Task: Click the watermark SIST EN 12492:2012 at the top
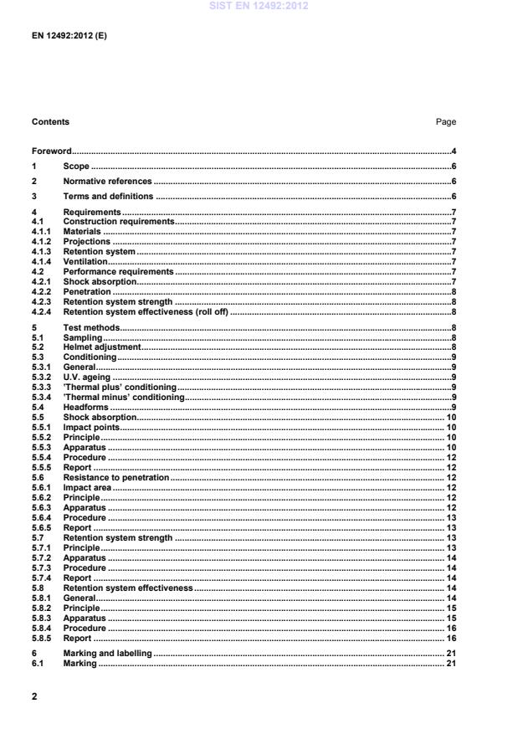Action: click(259, 6)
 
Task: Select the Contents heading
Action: click(50, 122)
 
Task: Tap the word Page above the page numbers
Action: click(446, 122)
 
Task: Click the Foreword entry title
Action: click(51, 151)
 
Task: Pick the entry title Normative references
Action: click(107, 181)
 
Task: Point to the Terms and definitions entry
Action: click(108, 197)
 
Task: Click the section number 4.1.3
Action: click(43, 251)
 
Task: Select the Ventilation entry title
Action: click(85, 261)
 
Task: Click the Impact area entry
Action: click(87, 487)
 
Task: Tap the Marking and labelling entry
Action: click(107, 653)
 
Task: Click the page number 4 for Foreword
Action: click(453, 151)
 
